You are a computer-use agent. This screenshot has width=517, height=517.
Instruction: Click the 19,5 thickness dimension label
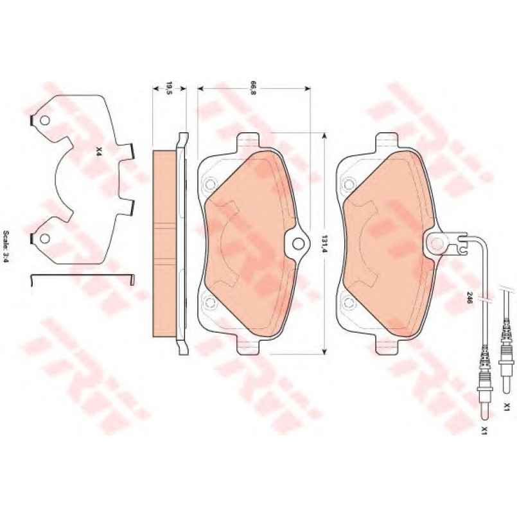pos(169,88)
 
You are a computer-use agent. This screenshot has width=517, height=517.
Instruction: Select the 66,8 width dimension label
pos(253,89)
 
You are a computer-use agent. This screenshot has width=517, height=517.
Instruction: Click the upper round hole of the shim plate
pos(44,121)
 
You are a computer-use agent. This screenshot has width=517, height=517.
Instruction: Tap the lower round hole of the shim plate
pos(44,238)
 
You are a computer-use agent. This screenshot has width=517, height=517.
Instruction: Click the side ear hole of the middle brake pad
pos(298,243)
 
